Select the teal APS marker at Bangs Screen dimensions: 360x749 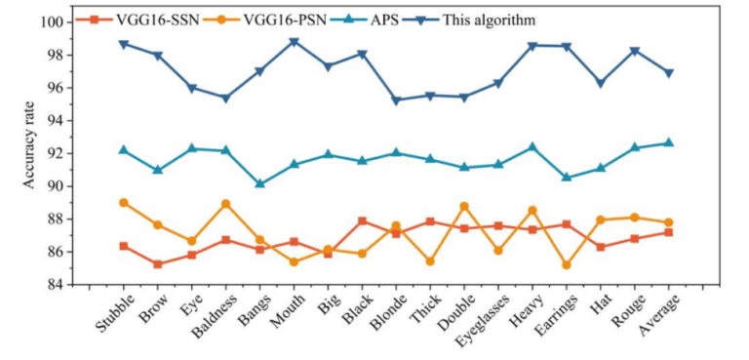(x=259, y=183)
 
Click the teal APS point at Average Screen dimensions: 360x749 (x=668, y=142)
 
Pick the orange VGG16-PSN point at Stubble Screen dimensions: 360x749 (x=124, y=203)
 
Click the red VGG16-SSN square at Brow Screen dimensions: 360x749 (x=158, y=264)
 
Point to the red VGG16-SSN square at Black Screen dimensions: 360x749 (x=362, y=221)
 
